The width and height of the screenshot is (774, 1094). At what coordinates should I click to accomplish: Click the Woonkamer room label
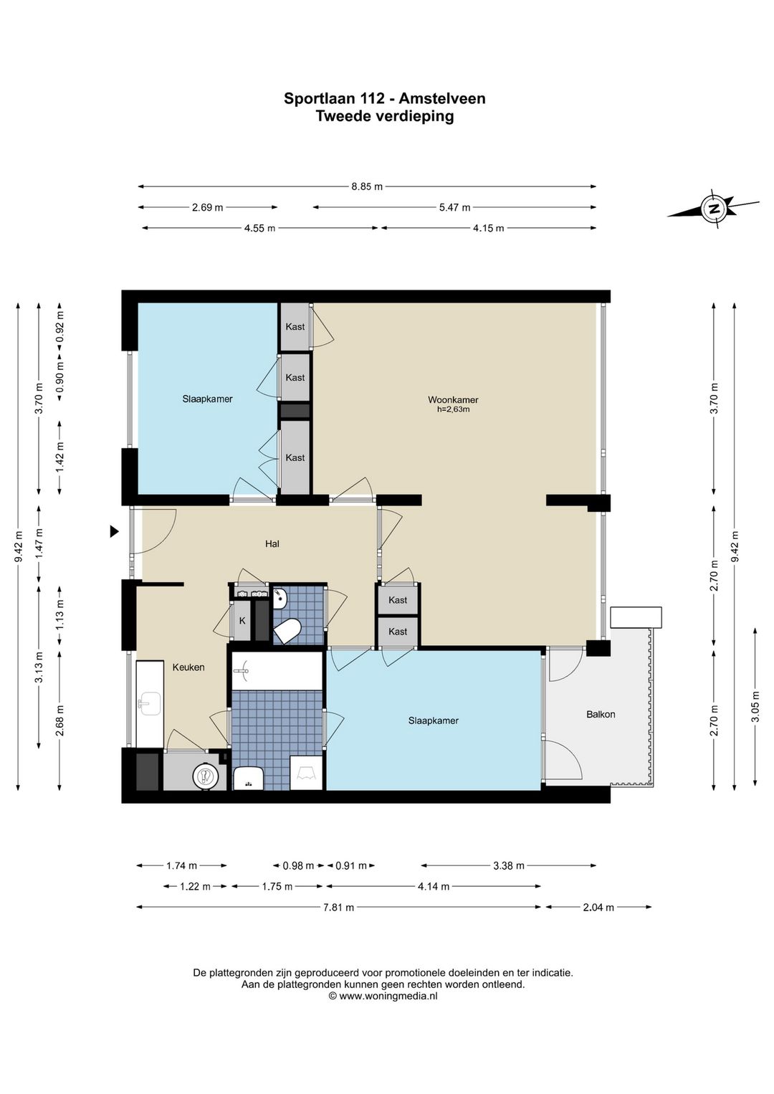click(x=453, y=399)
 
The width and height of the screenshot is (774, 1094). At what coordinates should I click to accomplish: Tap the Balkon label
click(x=600, y=714)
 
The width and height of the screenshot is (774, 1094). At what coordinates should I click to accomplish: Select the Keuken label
click(x=188, y=667)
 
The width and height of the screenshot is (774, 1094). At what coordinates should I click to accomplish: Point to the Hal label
click(x=272, y=543)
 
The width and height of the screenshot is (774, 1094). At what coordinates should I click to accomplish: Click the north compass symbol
click(x=714, y=209)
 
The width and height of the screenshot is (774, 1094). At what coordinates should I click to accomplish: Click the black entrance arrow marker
click(x=114, y=531)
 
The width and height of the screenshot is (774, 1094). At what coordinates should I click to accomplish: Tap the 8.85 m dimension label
click(x=367, y=186)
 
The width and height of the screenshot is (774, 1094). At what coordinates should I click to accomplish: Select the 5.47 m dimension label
click(x=454, y=207)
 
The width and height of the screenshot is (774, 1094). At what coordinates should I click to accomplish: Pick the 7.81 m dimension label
click(x=338, y=907)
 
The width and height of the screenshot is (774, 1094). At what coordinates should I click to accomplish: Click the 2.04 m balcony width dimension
click(x=598, y=907)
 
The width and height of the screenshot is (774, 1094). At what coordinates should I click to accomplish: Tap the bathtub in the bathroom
click(x=277, y=671)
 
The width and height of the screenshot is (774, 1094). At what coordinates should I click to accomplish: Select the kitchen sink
click(x=150, y=704)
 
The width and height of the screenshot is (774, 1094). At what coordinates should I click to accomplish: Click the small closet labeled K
click(x=242, y=621)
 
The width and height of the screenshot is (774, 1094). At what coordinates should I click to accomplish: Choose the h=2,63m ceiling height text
click(x=453, y=409)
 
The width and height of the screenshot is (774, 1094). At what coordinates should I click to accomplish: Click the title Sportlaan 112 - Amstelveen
click(x=385, y=99)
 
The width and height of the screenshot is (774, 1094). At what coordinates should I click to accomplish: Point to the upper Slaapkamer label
click(x=207, y=399)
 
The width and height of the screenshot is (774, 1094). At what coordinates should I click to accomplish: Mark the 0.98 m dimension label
click(x=298, y=866)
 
